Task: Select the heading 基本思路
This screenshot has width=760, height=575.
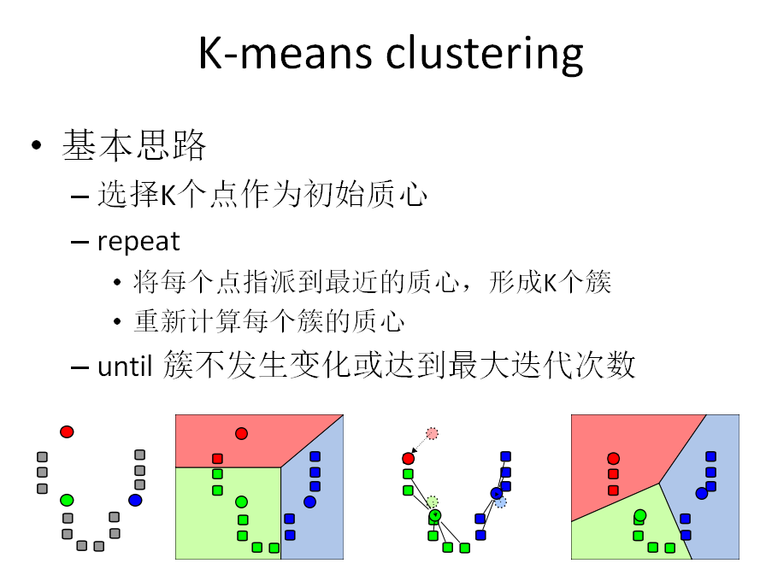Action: pyautogui.click(x=134, y=147)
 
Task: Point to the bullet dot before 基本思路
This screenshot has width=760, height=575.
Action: pyautogui.click(x=36, y=147)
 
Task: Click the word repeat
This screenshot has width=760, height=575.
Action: pyautogui.click(x=138, y=242)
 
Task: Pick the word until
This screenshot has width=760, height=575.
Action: pyautogui.click(x=124, y=367)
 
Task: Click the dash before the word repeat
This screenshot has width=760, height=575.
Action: pyautogui.click(x=80, y=243)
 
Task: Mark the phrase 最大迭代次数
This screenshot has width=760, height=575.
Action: pyautogui.click(x=553, y=367)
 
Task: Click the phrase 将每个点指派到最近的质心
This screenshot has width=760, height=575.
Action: pyautogui.click(x=289, y=282)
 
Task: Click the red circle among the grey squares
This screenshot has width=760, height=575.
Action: pyautogui.click(x=67, y=431)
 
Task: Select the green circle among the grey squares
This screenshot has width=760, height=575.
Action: pyautogui.click(x=67, y=498)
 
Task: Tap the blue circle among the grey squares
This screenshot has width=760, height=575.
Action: pyautogui.click(x=135, y=500)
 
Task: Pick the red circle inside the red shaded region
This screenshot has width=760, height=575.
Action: pyautogui.click(x=241, y=433)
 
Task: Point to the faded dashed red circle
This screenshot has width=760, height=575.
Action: pyautogui.click(x=432, y=433)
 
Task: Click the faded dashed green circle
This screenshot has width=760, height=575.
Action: pyautogui.click(x=433, y=502)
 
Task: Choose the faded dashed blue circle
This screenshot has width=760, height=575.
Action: pyautogui.click(x=501, y=502)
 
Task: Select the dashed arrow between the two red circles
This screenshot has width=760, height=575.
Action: pyautogui.click(x=420, y=446)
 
